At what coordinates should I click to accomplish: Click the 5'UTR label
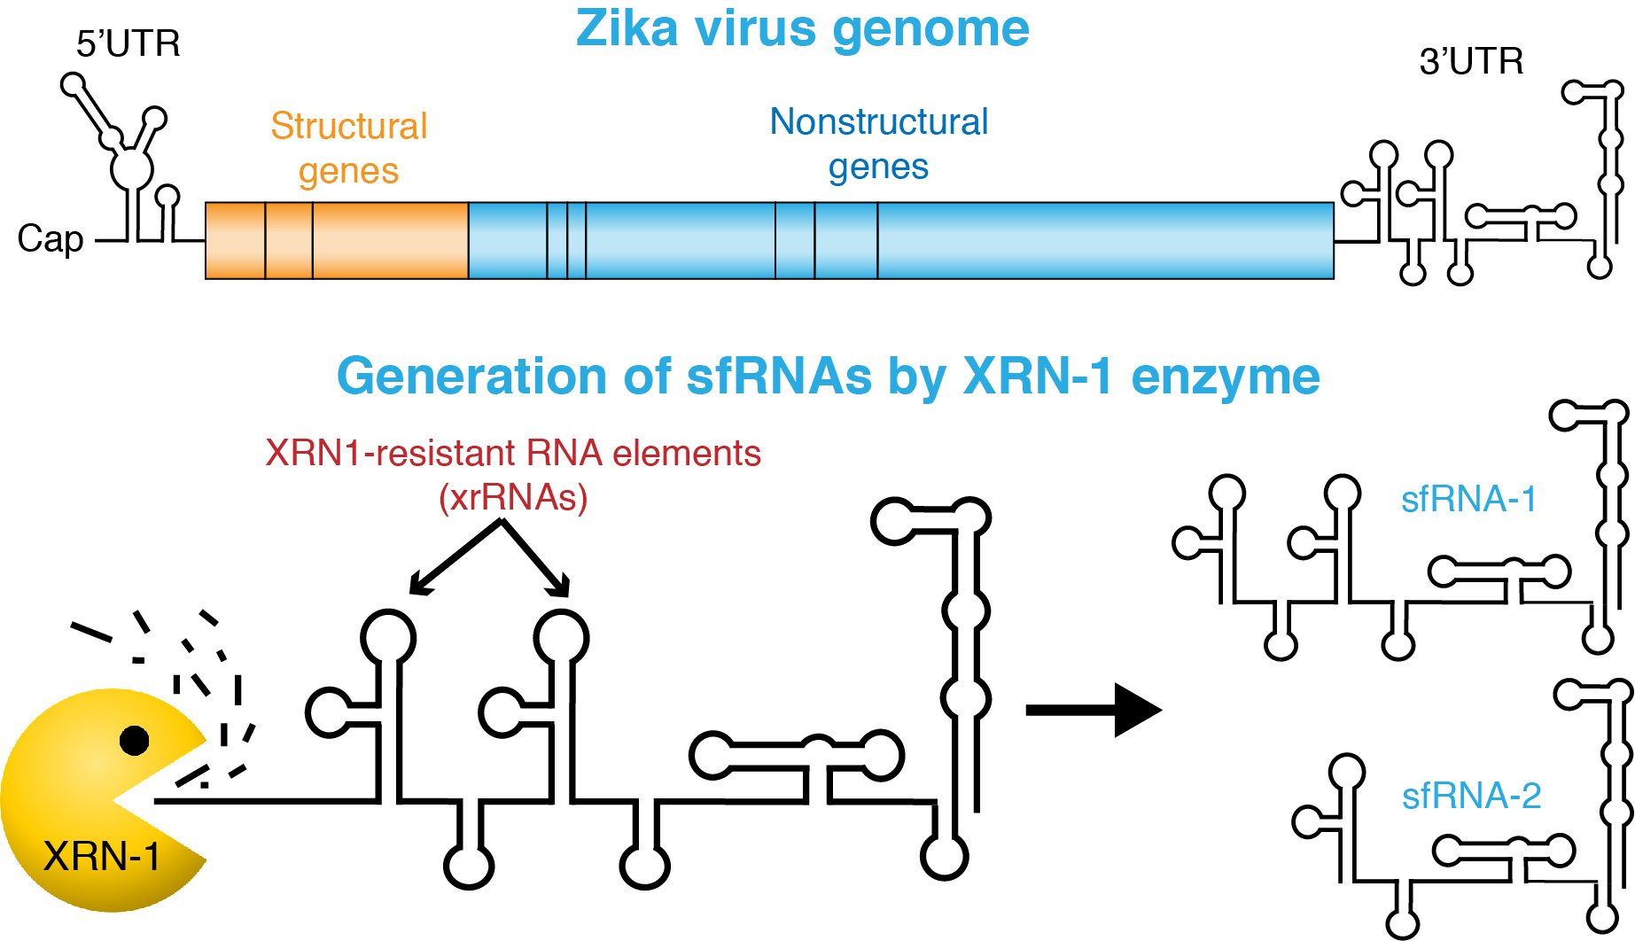128,43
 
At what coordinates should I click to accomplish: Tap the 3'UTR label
1471,61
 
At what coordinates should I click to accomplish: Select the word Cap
51,239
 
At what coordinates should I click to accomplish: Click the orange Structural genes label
348,148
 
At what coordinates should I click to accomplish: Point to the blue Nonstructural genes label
878,144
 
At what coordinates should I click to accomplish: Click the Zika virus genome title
802,28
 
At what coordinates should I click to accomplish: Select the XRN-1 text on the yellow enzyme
102,857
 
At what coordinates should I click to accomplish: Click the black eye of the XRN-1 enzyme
135,740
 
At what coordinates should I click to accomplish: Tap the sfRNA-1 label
1468,499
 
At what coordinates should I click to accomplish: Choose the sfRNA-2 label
1471,796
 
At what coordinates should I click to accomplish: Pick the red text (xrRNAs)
513,497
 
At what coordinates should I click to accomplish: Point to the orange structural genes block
337,240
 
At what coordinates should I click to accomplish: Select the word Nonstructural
878,121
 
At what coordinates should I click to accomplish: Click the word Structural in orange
348,126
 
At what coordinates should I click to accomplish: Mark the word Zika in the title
628,28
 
